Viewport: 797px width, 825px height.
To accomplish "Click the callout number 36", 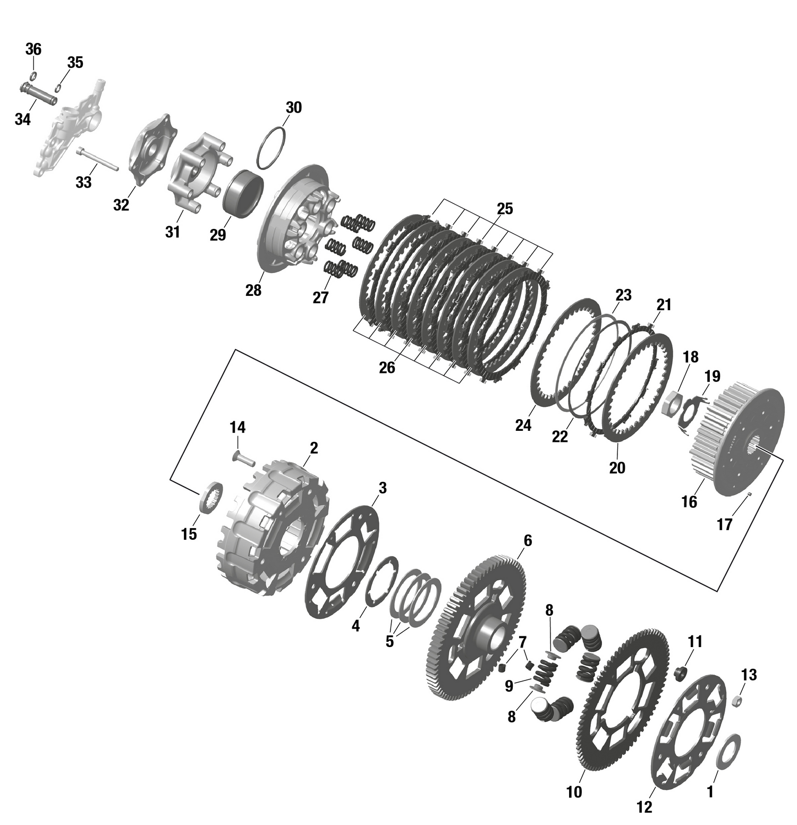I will coord(33,49).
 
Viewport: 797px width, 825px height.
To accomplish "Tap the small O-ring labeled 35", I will coord(59,88).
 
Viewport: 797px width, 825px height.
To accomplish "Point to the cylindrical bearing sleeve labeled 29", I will coord(243,193).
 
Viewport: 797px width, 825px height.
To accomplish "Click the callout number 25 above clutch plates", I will coord(504,209).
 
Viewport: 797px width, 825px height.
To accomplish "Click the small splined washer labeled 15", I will coord(211,496).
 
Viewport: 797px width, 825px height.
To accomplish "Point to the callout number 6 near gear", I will coord(527,540).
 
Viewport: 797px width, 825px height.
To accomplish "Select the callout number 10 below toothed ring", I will coord(574,792).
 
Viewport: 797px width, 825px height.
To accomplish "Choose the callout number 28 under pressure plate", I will coord(253,290).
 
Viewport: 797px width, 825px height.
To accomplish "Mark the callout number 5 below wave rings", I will coord(389,641).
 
